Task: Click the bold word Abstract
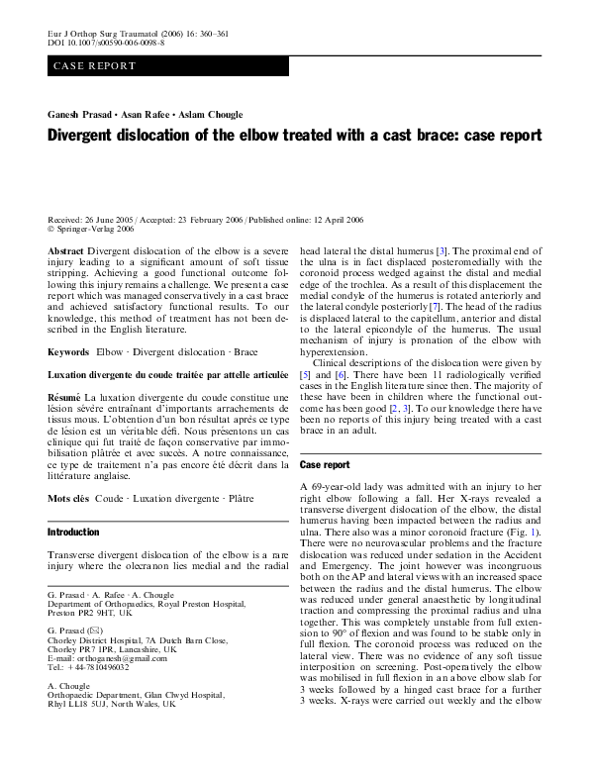pos(66,252)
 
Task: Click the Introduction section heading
pos(73,533)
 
